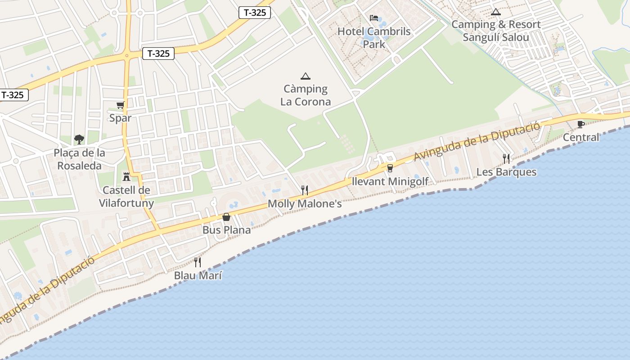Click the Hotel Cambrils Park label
click(x=374, y=38)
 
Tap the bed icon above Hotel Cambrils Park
click(x=374, y=18)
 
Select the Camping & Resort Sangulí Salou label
click(x=496, y=31)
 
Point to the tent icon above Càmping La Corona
click(x=306, y=76)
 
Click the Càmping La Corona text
click(x=306, y=95)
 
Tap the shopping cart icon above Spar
click(x=120, y=105)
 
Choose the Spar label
click(x=120, y=118)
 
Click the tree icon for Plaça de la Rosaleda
click(x=79, y=139)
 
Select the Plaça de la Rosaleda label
click(x=80, y=159)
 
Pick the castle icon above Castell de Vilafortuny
click(x=126, y=176)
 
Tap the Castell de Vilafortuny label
click(x=126, y=197)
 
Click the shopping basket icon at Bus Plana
click(x=226, y=217)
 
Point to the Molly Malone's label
click(x=305, y=204)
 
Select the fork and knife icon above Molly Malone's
click(x=305, y=190)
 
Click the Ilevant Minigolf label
click(x=390, y=181)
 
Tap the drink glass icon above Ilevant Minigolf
click(x=390, y=168)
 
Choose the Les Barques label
click(x=506, y=172)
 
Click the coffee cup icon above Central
click(x=581, y=124)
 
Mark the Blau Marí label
click(x=198, y=275)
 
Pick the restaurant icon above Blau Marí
click(x=198, y=262)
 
